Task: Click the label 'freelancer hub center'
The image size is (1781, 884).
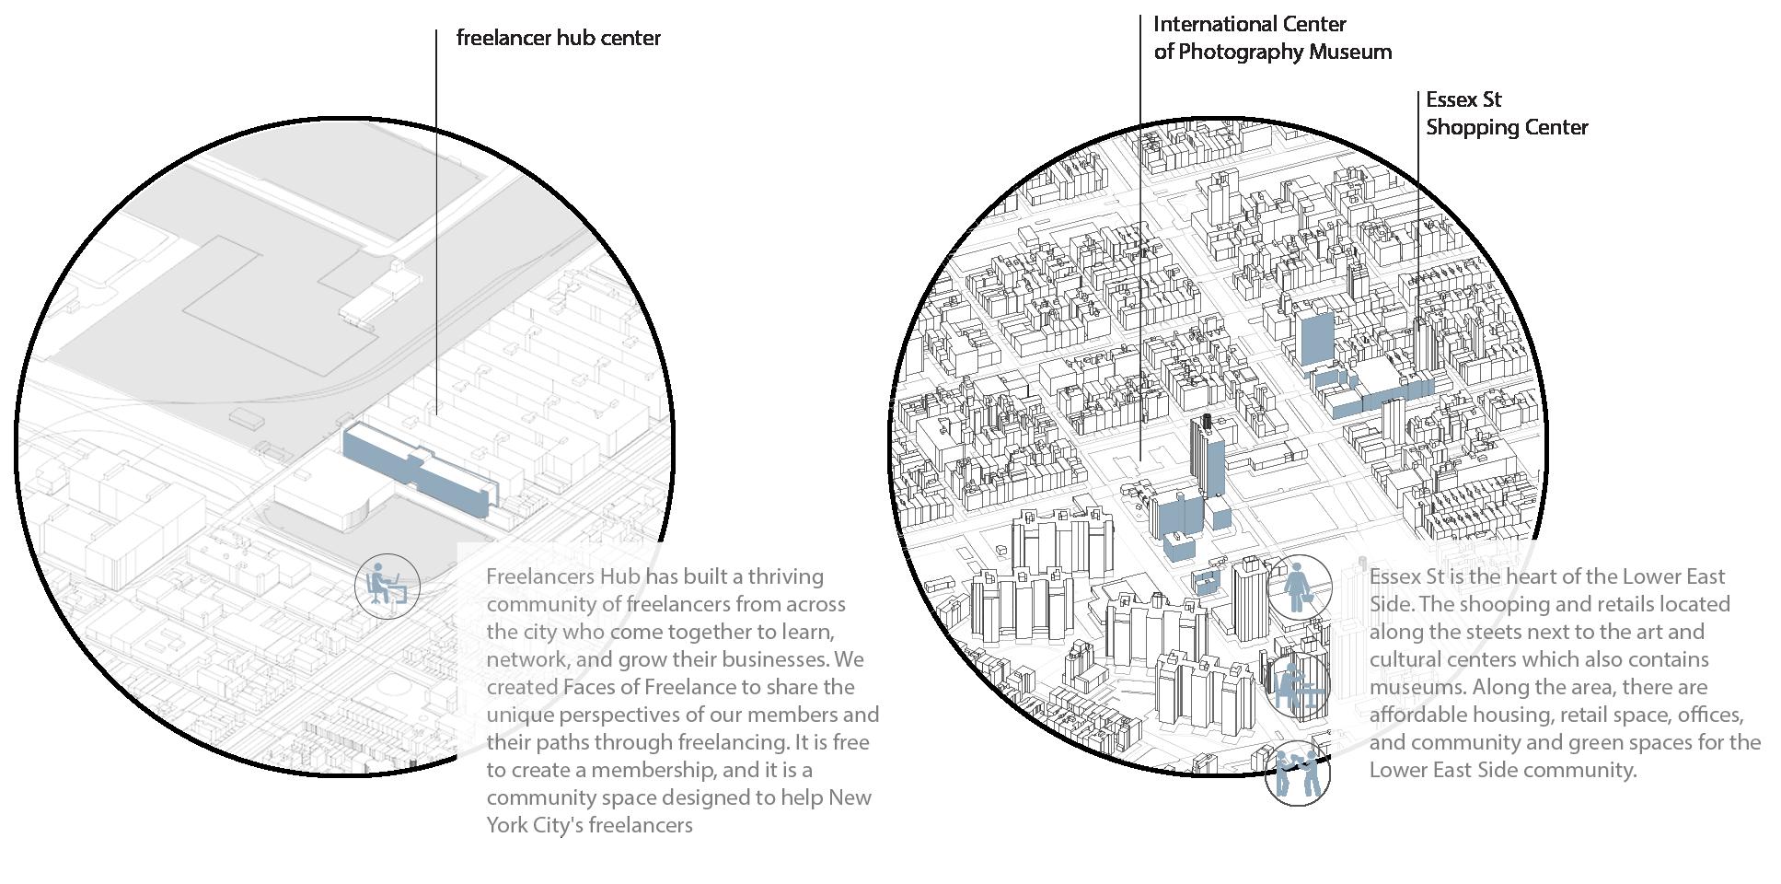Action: (558, 39)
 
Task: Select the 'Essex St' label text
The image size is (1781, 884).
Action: (1463, 99)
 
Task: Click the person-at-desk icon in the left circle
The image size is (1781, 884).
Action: (387, 587)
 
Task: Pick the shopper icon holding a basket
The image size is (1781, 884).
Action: (1299, 587)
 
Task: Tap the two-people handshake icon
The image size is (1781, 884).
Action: (1298, 774)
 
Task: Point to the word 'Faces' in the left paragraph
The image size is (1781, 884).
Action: (589, 687)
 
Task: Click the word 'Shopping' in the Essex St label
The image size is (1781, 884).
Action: (1468, 127)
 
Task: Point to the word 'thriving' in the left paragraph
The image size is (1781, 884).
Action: (785, 576)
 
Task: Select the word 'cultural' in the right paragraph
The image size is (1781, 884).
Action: (1405, 659)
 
